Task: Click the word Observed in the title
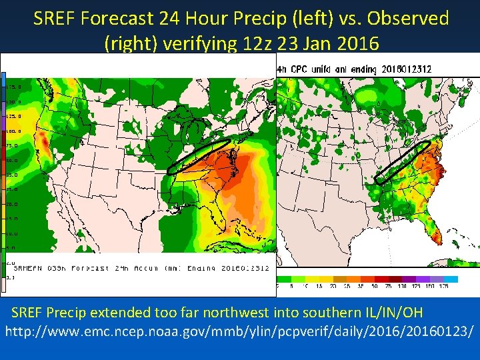[407, 19]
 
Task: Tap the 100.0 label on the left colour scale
[13, 131]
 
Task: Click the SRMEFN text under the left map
[28, 268]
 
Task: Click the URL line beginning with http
[239, 330]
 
